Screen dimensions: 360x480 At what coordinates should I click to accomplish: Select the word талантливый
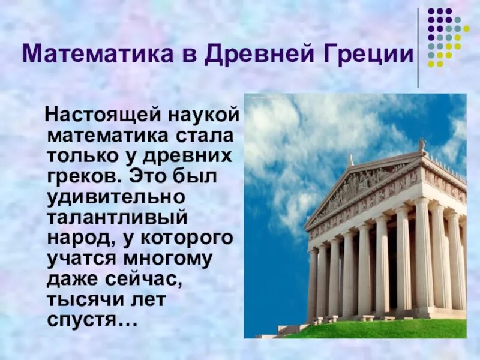point(118,218)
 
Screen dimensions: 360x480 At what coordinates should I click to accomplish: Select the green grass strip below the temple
point(384,328)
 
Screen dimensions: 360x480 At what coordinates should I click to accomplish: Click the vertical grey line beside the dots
point(418,48)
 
